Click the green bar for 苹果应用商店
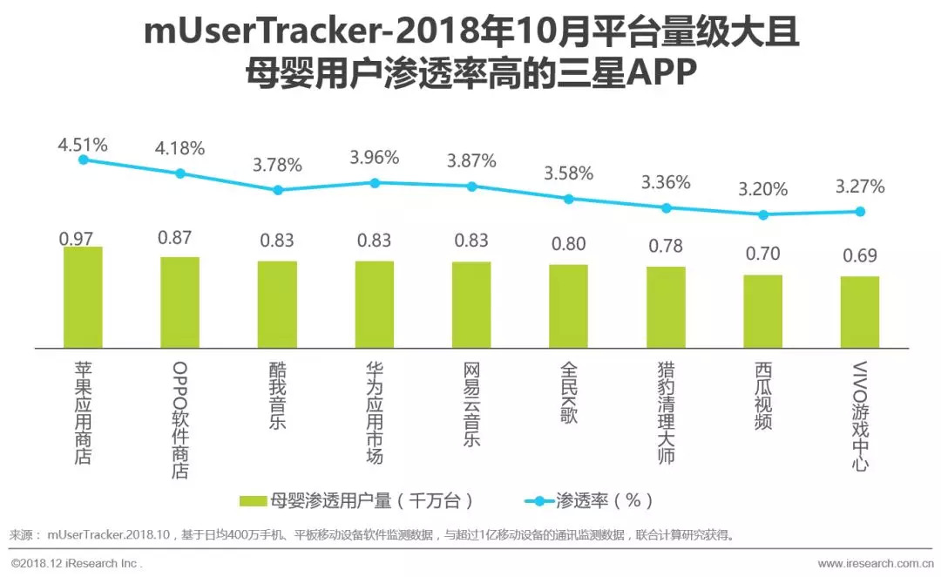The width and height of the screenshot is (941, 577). [x=83, y=297]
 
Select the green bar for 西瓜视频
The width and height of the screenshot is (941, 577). [x=762, y=311]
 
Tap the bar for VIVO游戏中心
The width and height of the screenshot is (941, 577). [x=860, y=312]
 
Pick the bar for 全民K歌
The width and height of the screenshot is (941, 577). [x=568, y=306]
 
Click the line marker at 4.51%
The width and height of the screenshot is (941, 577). [x=83, y=160]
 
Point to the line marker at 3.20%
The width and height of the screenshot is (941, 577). [x=763, y=214]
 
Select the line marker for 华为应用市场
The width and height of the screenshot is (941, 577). [x=375, y=183]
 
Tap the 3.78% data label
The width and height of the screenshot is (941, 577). [x=277, y=165]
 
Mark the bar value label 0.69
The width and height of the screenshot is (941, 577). [x=859, y=256]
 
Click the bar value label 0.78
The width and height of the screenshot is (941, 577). [x=666, y=246]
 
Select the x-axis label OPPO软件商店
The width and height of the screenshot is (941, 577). [x=180, y=419]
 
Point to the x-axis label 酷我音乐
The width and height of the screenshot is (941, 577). [x=277, y=396]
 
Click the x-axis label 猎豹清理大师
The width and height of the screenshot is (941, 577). [x=666, y=413]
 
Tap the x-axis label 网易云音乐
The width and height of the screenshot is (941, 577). [x=471, y=404]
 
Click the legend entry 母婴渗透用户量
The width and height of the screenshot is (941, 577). [x=357, y=500]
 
